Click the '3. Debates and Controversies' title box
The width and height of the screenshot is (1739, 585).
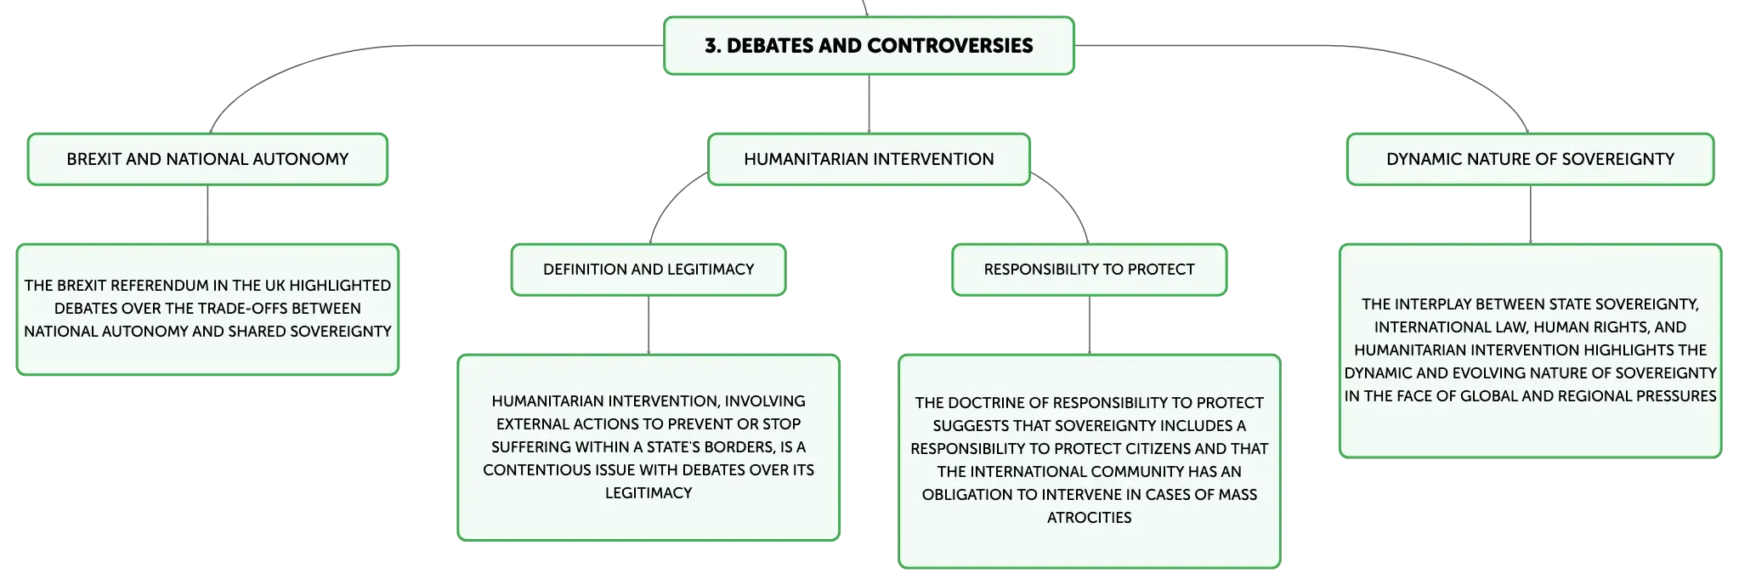[x=869, y=45]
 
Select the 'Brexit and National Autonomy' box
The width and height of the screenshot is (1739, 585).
[x=207, y=159]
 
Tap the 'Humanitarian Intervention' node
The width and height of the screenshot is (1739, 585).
[x=869, y=159]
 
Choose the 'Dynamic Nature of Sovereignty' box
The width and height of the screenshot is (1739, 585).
[x=1530, y=159]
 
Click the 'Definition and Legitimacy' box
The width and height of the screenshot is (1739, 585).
[x=649, y=270]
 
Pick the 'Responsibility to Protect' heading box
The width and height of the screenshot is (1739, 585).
[x=1089, y=270]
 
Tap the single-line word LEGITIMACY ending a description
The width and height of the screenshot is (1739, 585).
[x=649, y=493]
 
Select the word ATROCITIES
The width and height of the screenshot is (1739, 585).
[x=1089, y=518]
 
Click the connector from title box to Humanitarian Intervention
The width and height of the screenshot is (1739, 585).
[x=869, y=104]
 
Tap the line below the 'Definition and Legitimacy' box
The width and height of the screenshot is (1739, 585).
[x=649, y=325]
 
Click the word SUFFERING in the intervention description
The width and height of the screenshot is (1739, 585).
[x=530, y=447]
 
